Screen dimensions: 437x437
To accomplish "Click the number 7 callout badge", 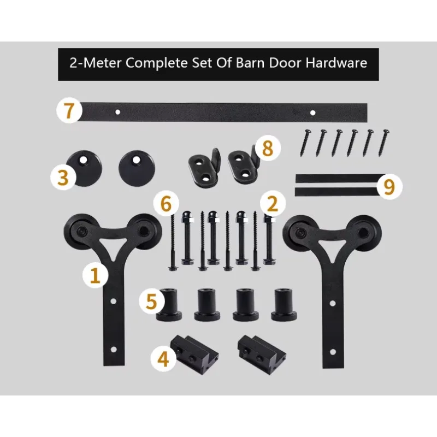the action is tap(69, 110).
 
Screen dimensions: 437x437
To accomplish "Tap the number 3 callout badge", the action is tap(63, 177).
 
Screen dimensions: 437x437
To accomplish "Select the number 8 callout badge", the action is tap(268, 149).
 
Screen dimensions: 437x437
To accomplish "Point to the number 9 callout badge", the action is tap(389, 186).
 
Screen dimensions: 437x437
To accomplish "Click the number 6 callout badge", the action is tap(166, 204).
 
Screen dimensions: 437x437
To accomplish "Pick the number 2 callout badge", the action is tap(273, 204).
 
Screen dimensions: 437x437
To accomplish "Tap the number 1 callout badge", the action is tap(95, 275).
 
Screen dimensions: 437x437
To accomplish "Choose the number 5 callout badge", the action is tap(152, 302).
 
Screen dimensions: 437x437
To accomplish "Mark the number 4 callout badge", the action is tap(163, 358).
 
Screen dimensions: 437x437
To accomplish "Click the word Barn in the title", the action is tap(250, 63).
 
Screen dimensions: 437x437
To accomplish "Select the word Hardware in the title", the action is tap(336, 63).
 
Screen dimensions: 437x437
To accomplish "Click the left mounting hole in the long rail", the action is tap(117, 112).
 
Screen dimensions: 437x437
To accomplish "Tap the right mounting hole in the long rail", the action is tap(312, 113).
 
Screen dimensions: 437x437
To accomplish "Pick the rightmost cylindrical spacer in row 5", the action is tap(284, 305).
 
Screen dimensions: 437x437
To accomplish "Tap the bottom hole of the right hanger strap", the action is tap(333, 352).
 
